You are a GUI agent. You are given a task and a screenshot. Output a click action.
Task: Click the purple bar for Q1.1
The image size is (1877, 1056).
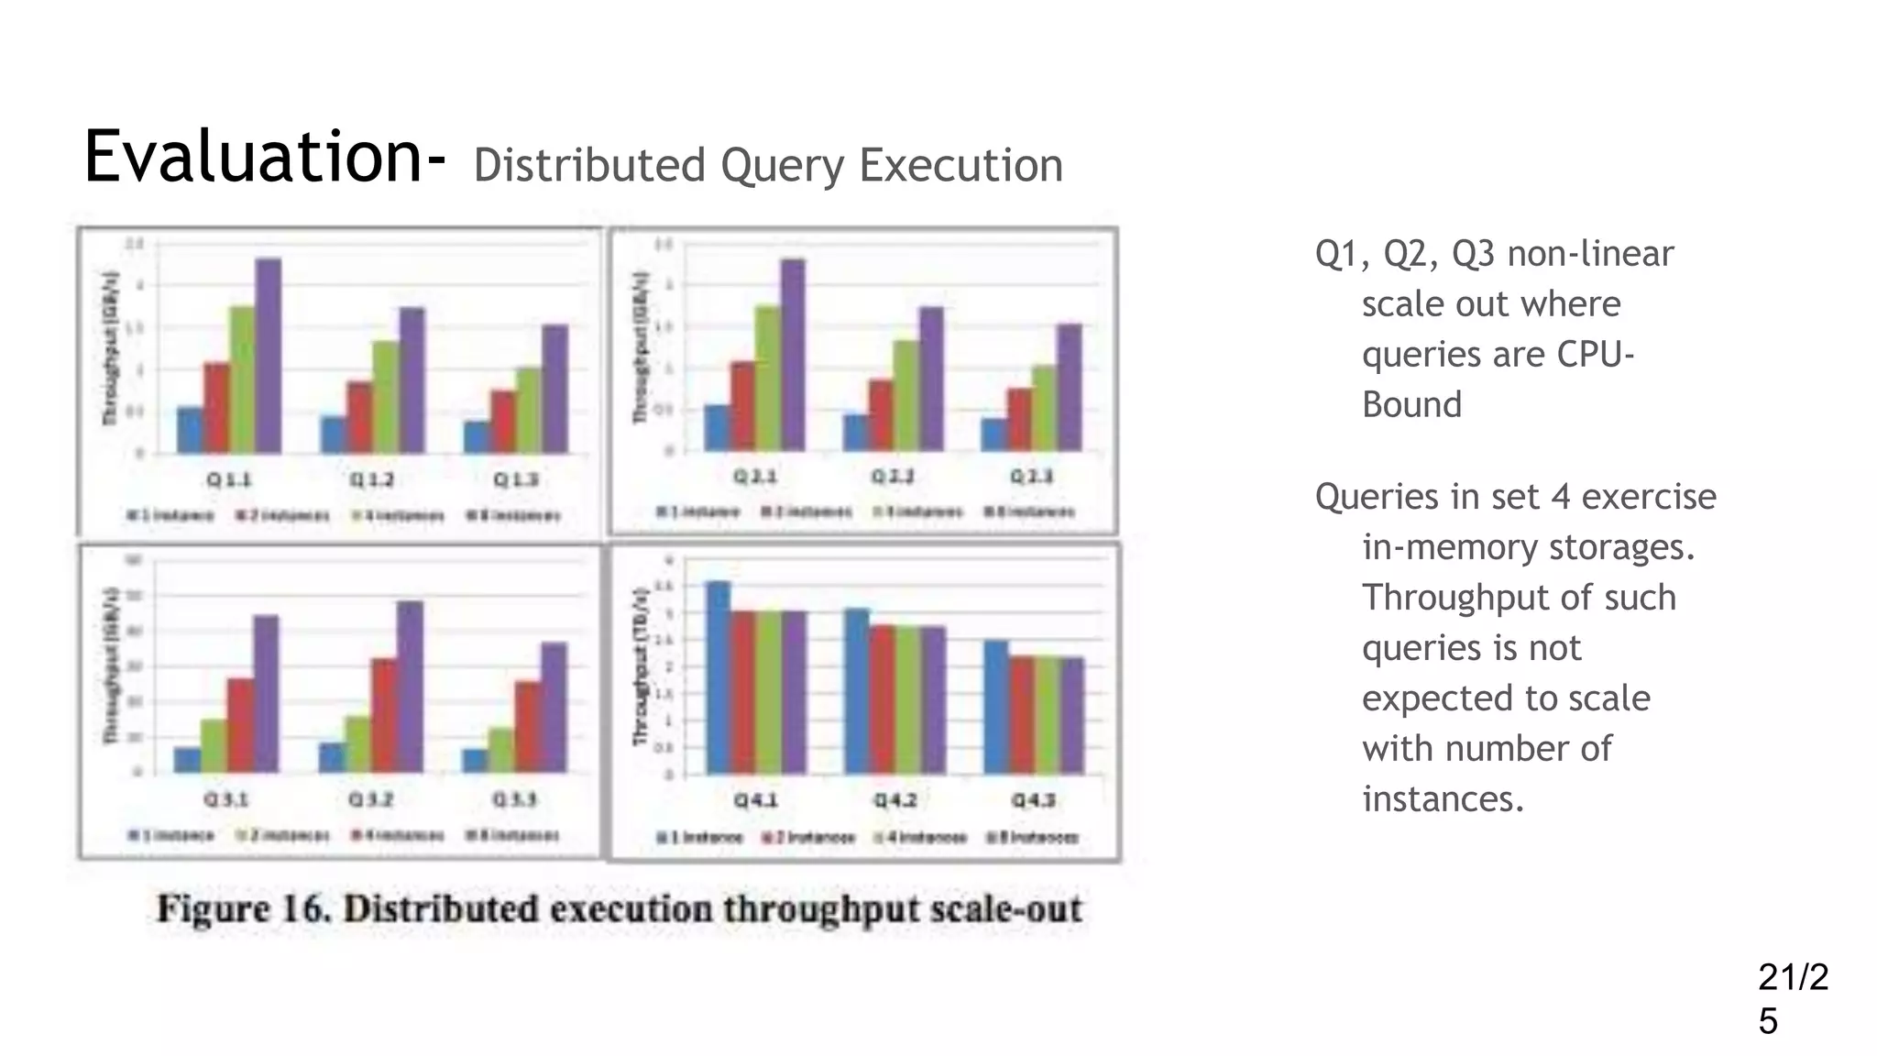tap(268, 357)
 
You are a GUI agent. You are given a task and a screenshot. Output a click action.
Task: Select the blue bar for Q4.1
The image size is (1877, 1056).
tap(719, 678)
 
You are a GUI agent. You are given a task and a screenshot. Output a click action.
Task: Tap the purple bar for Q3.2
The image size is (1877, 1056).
tap(410, 687)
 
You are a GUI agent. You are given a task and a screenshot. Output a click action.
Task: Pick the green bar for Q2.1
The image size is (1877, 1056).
tap(767, 378)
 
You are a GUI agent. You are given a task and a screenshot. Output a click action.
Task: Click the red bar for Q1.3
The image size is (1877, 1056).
tap(503, 422)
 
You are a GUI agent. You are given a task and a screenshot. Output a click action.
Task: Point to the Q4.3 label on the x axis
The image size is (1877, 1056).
tap(1033, 800)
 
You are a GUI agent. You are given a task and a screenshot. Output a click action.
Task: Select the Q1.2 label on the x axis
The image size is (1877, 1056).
tap(371, 479)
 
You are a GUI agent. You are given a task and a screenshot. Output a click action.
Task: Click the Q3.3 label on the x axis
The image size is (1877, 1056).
tap(514, 799)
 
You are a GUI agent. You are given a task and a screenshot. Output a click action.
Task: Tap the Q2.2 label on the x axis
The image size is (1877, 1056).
tap(893, 477)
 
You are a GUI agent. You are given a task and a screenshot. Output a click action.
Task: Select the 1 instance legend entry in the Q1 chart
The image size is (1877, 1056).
tap(171, 515)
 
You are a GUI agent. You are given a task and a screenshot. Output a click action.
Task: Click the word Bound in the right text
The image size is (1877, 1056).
tap(1411, 404)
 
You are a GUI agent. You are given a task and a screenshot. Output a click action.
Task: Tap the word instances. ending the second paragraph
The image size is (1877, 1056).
tap(1443, 798)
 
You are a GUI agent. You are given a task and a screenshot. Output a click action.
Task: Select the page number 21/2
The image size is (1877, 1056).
tap(1793, 977)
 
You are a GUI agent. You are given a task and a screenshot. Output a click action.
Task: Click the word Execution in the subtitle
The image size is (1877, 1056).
tap(960, 166)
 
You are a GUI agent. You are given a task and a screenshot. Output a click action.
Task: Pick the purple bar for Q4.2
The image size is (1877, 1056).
tap(933, 699)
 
